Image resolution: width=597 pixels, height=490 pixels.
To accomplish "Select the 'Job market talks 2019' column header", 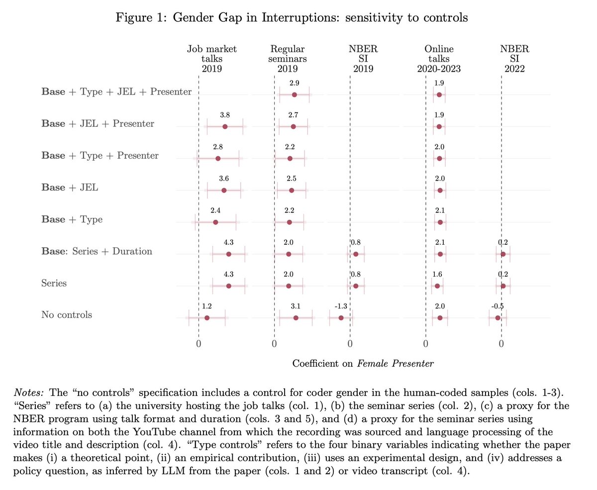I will tap(212, 58).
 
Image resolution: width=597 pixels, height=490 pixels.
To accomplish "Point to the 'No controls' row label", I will tap(66, 315).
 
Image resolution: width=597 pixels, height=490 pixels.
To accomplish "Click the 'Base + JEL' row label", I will tap(70, 188).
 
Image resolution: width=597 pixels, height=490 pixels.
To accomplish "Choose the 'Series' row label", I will tap(54, 283).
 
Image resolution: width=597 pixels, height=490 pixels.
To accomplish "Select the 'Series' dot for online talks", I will tap(437, 286).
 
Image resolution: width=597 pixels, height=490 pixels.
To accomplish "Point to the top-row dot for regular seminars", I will tap(295, 95).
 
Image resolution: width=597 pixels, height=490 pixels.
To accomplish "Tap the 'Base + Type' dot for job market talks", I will tap(215, 222).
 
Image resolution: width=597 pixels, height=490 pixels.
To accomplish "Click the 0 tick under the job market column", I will tap(199, 343).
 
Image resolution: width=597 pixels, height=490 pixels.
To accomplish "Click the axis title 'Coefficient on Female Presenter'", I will tap(363, 364).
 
